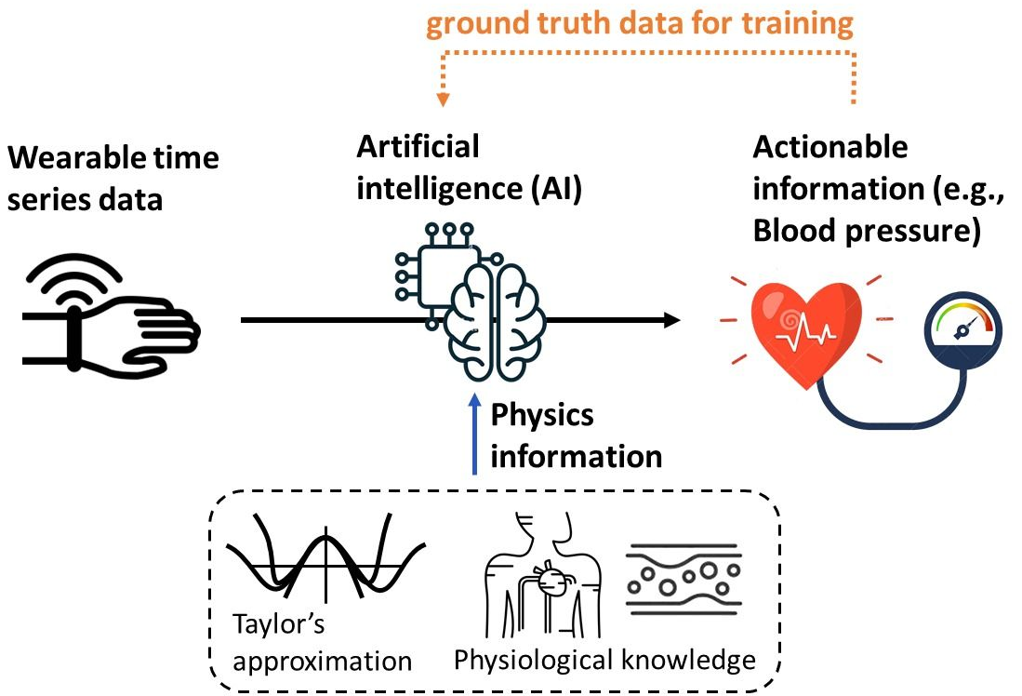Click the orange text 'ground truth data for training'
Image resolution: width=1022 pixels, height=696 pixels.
[640, 24]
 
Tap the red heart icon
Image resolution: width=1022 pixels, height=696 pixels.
[794, 326]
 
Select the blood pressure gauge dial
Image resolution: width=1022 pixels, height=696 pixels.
[957, 329]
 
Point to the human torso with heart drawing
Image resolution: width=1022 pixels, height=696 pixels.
[538, 576]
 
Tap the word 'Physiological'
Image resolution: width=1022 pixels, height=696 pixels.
[533, 660]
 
